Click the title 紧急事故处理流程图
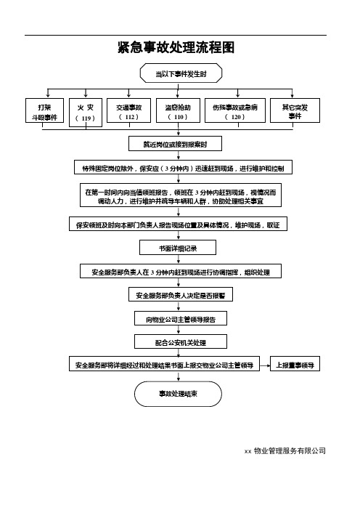point(176,47)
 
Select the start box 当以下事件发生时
point(181,73)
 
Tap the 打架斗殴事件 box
point(44,110)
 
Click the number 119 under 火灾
point(86,118)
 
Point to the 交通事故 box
point(129,110)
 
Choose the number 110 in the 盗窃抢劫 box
point(179,117)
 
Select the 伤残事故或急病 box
point(235,110)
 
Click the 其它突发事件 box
point(295,110)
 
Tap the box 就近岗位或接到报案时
point(175,144)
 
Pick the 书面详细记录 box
point(178,248)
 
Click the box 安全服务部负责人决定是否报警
point(181,294)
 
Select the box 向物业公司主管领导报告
point(181,318)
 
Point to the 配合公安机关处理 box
point(181,341)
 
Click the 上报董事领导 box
point(295,364)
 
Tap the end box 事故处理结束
point(178,394)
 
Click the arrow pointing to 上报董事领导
point(265,365)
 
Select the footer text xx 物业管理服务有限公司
point(285,451)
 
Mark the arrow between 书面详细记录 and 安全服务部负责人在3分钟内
point(179,259)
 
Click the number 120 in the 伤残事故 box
point(236,117)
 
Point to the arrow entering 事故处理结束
point(179,376)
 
